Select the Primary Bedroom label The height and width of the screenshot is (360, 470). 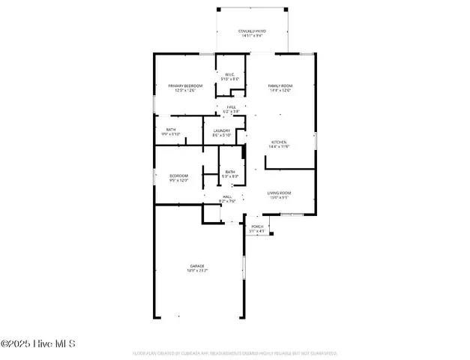(185, 86)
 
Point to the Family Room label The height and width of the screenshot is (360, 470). (280, 86)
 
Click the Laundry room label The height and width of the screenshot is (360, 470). (221, 130)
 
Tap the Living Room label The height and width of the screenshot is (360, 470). (280, 193)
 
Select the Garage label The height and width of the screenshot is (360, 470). (197, 265)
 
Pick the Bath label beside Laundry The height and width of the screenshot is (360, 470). (171, 129)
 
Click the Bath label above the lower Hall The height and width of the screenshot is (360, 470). (230, 172)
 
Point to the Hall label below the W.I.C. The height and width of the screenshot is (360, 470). (232, 107)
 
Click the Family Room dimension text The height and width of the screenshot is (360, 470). (280, 91)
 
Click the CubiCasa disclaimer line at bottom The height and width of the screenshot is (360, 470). (235, 352)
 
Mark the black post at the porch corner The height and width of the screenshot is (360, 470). (271, 233)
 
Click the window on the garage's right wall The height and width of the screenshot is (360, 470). (243, 268)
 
